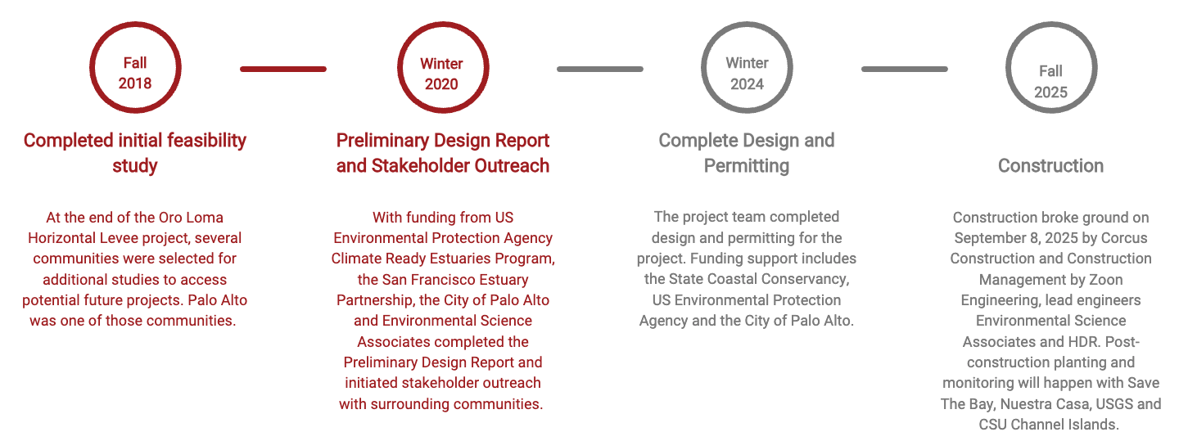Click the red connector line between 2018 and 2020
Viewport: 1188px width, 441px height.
click(283, 69)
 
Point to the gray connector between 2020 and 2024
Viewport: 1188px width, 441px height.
click(600, 69)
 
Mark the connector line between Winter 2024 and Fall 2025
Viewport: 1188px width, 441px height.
click(904, 69)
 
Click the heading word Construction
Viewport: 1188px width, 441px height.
click(1050, 166)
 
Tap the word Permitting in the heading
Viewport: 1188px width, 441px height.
click(746, 166)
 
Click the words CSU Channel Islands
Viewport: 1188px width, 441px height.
click(1048, 425)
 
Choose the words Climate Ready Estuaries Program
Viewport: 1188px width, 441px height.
click(443, 259)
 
